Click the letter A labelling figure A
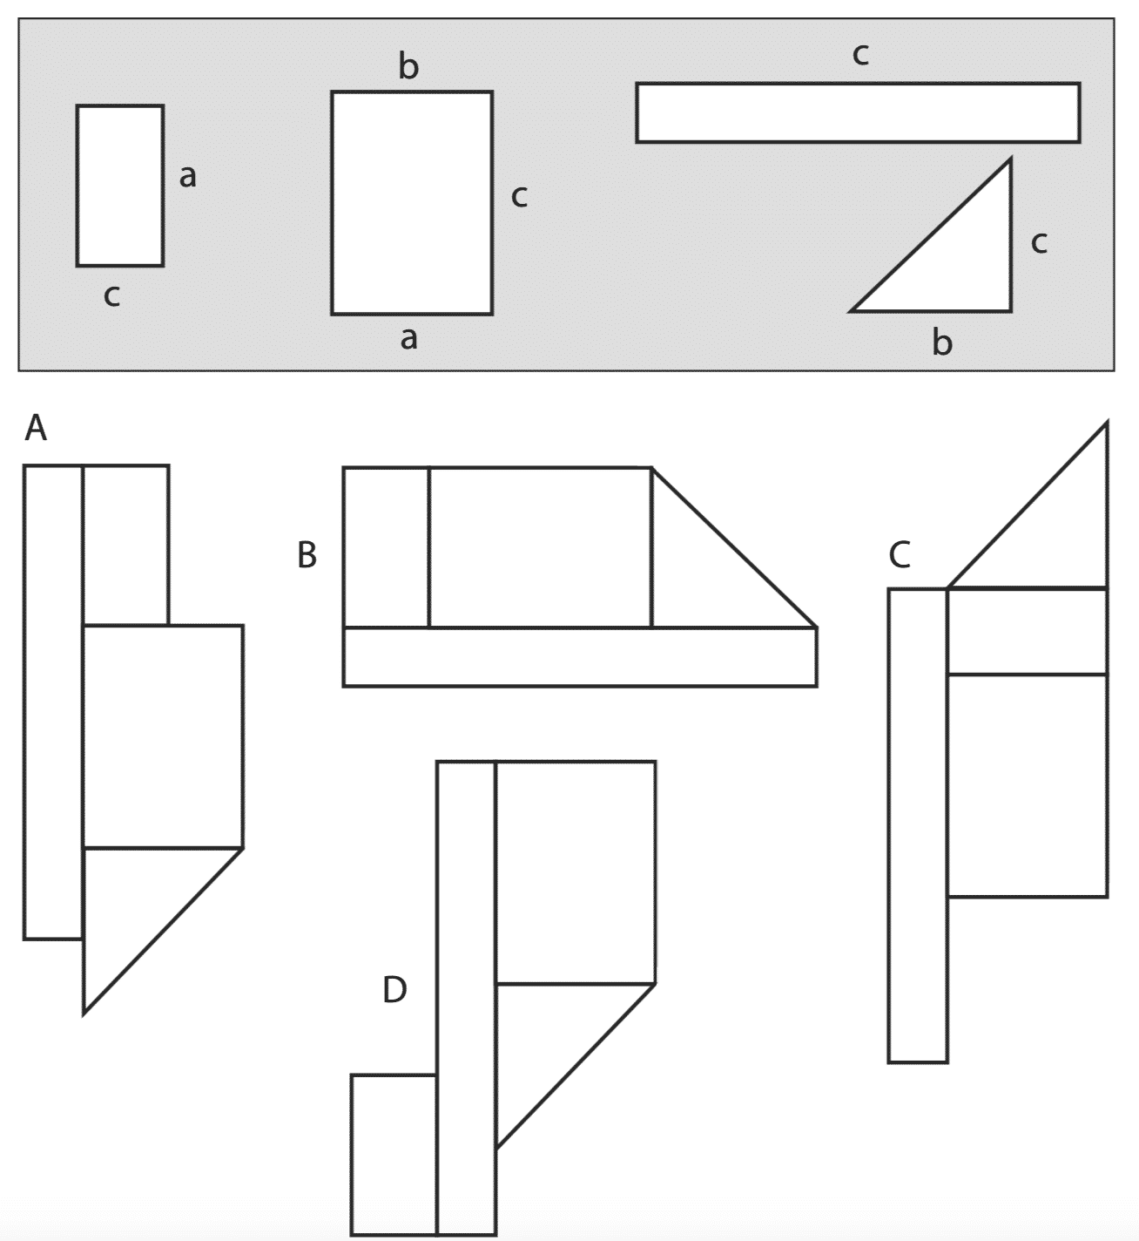[x=36, y=428]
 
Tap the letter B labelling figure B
[x=307, y=554]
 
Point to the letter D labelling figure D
[x=394, y=990]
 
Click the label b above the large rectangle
[x=408, y=65]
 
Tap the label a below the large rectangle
[x=408, y=338]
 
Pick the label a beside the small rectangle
[x=187, y=176]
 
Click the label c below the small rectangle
[x=111, y=295]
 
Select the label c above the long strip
[x=860, y=54]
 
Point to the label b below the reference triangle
[x=941, y=342]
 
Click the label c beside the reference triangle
[x=1039, y=242]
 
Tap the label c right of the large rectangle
[x=519, y=196]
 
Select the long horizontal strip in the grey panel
[x=859, y=112]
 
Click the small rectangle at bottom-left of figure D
[x=394, y=1155]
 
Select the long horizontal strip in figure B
[x=580, y=657]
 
